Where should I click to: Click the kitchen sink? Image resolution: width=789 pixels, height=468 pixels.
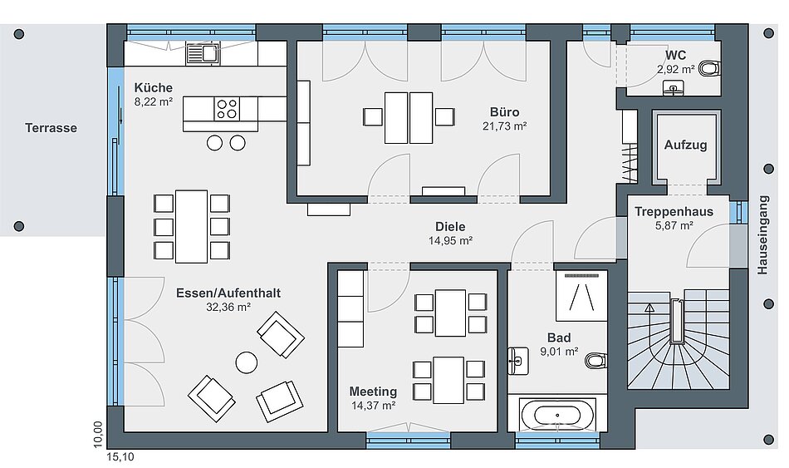point(203,53)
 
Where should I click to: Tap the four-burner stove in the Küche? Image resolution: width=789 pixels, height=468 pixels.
point(227,109)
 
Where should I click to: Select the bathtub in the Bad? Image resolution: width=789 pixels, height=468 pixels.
point(558,416)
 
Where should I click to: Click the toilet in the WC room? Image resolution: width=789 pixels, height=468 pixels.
point(710,68)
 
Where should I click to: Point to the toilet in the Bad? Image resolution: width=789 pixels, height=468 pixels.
point(596,361)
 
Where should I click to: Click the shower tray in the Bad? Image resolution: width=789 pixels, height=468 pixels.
point(581,296)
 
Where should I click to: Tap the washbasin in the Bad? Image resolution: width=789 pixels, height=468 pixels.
point(517,361)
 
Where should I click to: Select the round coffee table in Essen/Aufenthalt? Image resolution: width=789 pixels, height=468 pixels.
point(247,362)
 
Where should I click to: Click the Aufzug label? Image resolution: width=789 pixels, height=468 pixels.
point(685,145)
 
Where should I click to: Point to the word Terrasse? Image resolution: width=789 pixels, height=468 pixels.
point(51,128)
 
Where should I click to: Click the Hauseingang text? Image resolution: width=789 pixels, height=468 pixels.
point(762,234)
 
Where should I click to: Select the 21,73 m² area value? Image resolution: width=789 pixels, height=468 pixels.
point(505,126)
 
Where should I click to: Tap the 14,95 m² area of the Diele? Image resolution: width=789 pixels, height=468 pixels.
point(450,241)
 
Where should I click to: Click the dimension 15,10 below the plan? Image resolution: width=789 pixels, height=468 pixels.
point(120,457)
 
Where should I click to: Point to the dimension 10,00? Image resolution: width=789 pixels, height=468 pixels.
point(98,434)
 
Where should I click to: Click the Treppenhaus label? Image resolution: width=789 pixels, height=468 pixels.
point(674,212)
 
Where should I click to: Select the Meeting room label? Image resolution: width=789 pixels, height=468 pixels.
point(373,392)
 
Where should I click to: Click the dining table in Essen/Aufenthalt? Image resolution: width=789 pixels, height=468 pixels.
point(191,226)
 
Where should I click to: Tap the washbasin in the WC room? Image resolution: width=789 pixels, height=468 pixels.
point(674,87)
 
